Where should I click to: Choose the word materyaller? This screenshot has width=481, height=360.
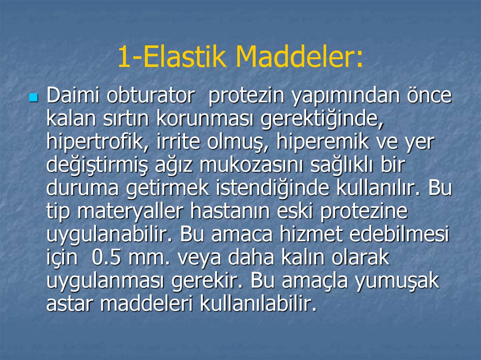[x=131, y=212]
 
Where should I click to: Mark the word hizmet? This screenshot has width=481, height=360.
[x=347, y=235]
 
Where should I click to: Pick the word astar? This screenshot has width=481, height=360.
[x=70, y=304]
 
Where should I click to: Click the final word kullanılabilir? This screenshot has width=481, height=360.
[x=258, y=304]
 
